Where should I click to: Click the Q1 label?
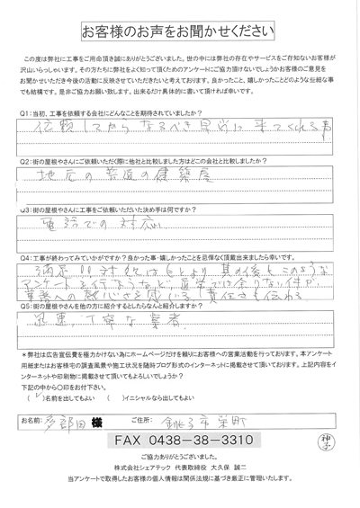pos(24,112)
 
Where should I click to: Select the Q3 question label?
pos(24,205)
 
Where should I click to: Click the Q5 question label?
pos(24,304)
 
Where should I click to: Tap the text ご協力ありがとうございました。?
pos(180,459)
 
